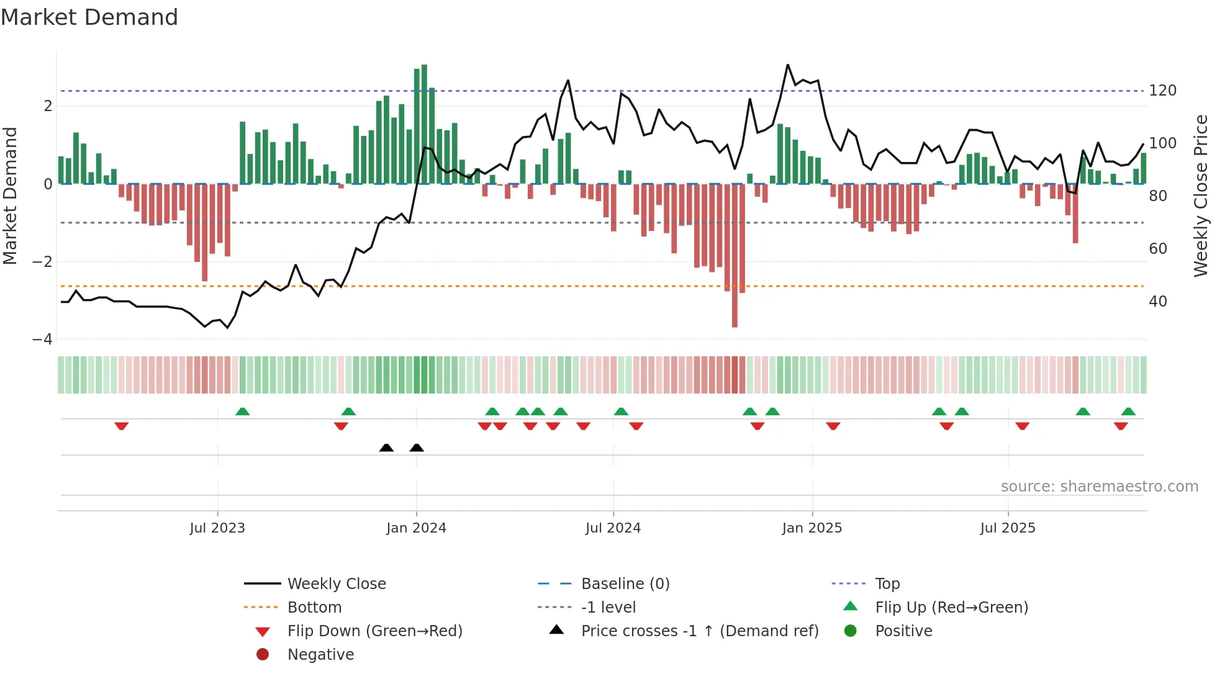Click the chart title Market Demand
point(89,17)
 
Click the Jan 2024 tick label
point(416,528)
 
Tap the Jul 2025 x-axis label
point(1008,528)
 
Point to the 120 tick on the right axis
point(1162,91)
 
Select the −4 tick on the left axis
point(42,340)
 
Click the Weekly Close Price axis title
point(1201,196)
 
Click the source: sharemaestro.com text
point(1099,487)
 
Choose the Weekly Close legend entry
point(336,584)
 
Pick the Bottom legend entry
point(314,608)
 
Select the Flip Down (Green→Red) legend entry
point(374,631)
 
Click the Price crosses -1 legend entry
point(699,631)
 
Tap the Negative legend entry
point(320,655)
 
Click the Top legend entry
point(887,584)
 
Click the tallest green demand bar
point(424,124)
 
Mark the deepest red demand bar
point(735,254)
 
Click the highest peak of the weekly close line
point(787,65)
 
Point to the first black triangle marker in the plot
point(386,448)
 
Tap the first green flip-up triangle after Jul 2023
point(243,412)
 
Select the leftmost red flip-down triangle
point(122,426)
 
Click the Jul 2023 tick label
point(217,528)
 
